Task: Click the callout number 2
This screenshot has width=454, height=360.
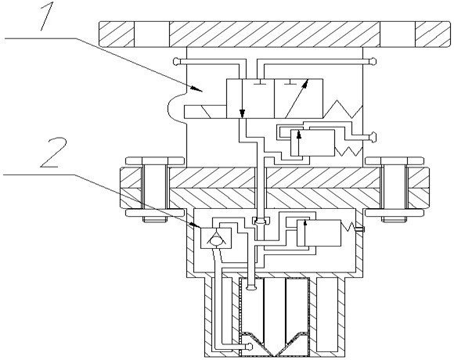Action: click(53, 153)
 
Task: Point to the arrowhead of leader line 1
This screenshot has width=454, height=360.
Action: click(197, 88)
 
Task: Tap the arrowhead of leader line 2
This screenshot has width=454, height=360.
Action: click(196, 225)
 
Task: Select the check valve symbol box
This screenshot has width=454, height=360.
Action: click(216, 238)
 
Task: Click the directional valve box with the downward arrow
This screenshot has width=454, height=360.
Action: click(250, 99)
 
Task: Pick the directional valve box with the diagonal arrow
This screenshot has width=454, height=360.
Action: click(298, 99)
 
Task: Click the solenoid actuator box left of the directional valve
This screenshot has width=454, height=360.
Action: click(205, 112)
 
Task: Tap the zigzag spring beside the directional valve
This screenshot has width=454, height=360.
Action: click(343, 109)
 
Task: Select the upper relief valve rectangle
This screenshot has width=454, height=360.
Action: click(312, 143)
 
